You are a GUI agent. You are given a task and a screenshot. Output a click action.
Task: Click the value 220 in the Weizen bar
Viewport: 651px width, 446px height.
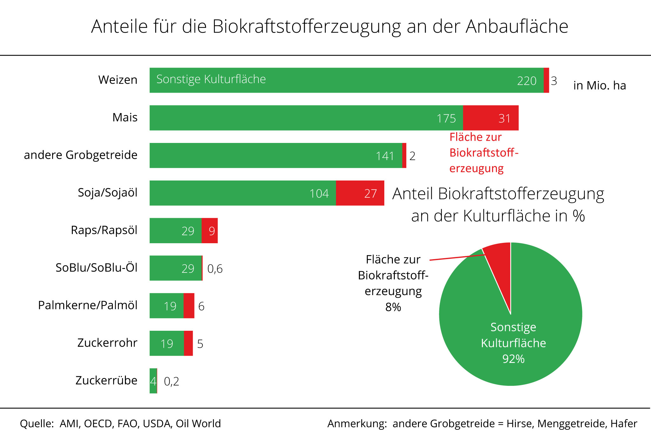[x=527, y=81]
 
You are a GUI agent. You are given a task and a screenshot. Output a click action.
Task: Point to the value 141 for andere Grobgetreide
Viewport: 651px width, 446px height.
[x=385, y=156]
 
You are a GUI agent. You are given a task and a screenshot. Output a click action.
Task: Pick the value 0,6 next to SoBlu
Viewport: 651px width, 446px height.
[x=215, y=269]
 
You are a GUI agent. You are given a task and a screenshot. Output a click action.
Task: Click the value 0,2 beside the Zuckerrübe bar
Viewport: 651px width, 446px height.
[x=171, y=381]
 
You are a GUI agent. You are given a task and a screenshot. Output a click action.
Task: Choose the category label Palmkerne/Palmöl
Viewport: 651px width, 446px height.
[x=88, y=305]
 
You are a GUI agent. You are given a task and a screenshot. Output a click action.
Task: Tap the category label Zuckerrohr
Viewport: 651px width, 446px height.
[x=107, y=343]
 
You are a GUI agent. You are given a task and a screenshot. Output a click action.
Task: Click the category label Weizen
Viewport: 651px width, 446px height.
[x=118, y=80]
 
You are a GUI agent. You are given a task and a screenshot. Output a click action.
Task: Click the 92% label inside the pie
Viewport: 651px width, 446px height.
[x=513, y=359]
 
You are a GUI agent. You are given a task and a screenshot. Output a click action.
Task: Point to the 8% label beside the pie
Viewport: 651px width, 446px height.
[x=393, y=307]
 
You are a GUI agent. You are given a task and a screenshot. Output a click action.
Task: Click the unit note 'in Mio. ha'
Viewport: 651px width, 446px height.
[x=600, y=85]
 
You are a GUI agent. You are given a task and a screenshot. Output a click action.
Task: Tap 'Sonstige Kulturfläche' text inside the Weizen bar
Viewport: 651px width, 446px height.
[x=211, y=79]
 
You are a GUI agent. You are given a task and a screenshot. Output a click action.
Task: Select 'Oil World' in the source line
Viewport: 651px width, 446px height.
[x=198, y=423]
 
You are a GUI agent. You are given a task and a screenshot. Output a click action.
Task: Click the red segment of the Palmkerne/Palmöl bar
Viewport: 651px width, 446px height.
[x=189, y=306]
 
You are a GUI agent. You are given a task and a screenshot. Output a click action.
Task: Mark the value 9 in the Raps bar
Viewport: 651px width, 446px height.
[x=212, y=231]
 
